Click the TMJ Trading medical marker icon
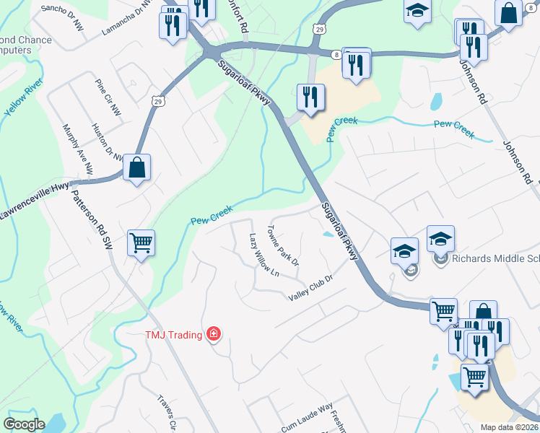[214, 333]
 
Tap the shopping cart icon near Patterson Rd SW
[141, 242]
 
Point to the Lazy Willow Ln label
[264, 255]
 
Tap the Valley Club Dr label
[310, 288]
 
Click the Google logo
[24, 424]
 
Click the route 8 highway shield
[336, 54]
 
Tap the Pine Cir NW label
[108, 97]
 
